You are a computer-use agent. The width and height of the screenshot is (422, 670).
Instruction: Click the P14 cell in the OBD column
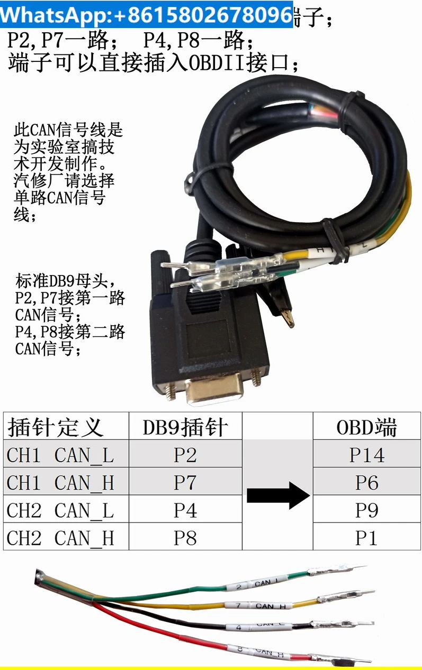coord(366,455)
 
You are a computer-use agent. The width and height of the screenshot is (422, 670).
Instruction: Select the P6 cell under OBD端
coord(366,482)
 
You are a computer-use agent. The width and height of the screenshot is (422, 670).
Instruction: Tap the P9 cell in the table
coord(366,510)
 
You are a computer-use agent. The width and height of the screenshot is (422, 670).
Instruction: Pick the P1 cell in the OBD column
coord(366,537)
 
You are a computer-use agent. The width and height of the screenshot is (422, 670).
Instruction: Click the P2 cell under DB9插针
coord(185,455)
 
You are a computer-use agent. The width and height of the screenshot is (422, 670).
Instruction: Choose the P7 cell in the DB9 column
coord(185,482)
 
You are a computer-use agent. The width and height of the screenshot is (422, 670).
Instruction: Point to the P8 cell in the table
coord(185,537)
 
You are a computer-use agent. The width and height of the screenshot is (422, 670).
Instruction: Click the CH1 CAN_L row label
coord(60,455)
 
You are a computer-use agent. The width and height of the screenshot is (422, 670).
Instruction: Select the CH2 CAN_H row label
coord(60,537)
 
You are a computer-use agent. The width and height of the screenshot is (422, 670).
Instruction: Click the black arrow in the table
coord(278,497)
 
